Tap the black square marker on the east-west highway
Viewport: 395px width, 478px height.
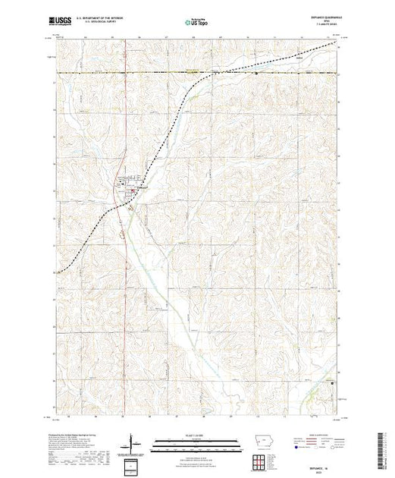257,74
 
